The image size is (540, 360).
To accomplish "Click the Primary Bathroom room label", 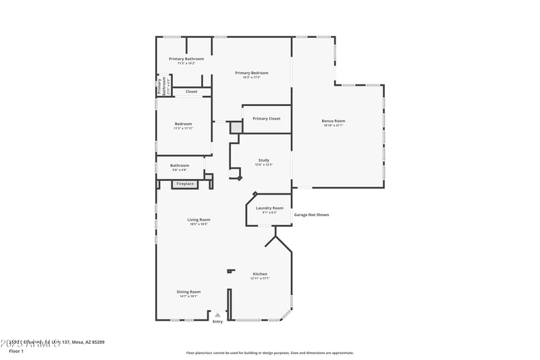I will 186,59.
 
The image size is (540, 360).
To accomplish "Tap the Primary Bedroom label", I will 252,73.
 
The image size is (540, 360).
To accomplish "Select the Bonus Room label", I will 333,121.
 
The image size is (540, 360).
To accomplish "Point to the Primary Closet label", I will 267,119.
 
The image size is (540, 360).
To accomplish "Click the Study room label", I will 263,160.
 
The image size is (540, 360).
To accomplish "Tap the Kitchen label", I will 260,274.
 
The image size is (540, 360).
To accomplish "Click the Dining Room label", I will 189,292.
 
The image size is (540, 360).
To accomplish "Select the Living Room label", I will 198,220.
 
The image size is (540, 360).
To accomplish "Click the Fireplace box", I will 185,184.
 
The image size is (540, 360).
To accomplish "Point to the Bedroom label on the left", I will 184,124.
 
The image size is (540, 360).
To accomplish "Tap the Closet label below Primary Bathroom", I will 192,91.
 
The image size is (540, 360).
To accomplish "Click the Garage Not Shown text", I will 311,215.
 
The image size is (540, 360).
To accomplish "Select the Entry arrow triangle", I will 217,315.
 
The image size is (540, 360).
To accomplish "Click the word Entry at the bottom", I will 217,322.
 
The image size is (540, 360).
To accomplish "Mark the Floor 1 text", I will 16,351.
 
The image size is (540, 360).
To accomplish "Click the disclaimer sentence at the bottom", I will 269,353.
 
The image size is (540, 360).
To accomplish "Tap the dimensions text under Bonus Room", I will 333,126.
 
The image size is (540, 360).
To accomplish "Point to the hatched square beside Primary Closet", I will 235,126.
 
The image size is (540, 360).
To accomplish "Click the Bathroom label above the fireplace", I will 180,165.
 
